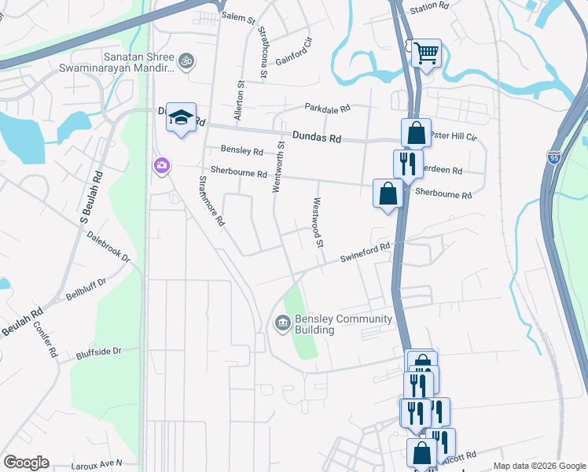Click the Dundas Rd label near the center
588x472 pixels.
point(317,137)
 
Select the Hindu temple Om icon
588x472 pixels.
point(187,60)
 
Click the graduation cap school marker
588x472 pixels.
point(182,118)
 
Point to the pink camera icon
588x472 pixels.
point(162,165)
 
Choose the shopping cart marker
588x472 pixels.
point(426,54)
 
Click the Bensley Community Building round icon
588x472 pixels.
point(282,323)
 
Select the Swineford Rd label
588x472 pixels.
point(365,252)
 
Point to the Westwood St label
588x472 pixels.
point(319,222)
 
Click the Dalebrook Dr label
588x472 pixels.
point(108,245)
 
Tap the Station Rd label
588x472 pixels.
point(428,6)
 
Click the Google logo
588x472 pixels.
point(27,463)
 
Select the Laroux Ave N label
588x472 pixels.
point(97,464)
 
